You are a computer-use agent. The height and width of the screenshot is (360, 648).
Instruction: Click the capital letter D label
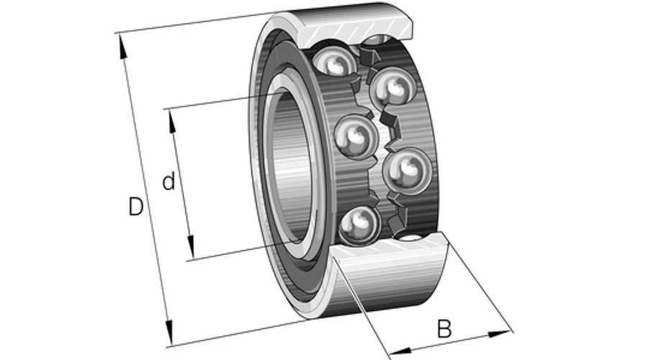(136, 207)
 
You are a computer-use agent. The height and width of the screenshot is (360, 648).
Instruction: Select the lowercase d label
(168, 181)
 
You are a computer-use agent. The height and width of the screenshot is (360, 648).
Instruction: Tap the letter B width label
(444, 329)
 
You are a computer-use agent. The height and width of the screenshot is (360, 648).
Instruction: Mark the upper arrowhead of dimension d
(171, 122)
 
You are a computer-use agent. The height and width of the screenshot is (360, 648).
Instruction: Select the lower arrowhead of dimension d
(190, 247)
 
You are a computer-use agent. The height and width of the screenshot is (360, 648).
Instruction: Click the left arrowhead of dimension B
(401, 351)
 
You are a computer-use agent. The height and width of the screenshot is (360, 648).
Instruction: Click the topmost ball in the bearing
(334, 60)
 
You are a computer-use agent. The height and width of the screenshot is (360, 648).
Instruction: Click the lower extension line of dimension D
(240, 333)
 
